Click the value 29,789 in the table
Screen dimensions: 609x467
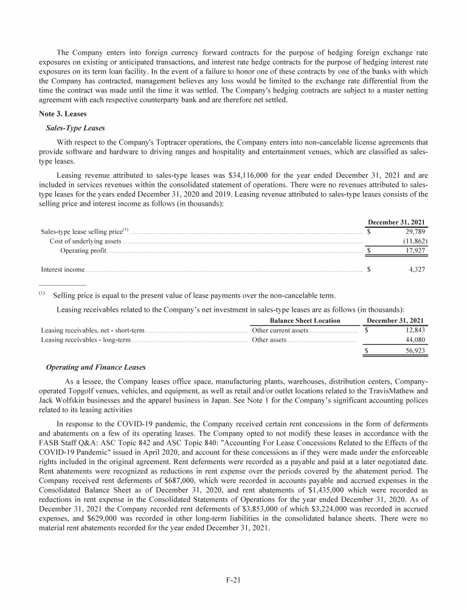point(412,231)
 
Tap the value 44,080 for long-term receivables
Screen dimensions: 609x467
point(413,340)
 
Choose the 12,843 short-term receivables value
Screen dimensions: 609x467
point(413,330)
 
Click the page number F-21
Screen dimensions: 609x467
point(233,580)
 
